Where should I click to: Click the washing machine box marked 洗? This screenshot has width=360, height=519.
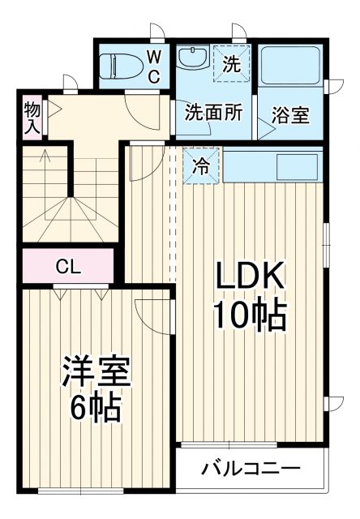[231, 65]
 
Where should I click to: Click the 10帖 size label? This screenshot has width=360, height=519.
[249, 315]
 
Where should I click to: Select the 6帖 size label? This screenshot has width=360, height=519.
[95, 407]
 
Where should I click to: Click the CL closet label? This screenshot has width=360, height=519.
[67, 265]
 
